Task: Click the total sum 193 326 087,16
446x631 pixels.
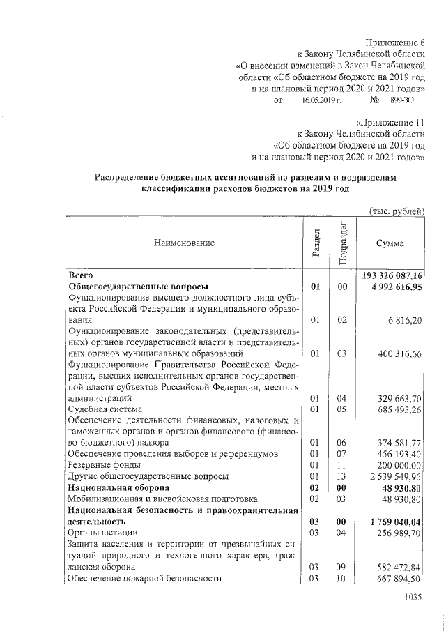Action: click(x=394, y=275)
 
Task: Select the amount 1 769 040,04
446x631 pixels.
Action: click(x=396, y=521)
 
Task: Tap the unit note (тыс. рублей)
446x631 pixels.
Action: click(x=396, y=211)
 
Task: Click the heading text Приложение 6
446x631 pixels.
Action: click(x=394, y=42)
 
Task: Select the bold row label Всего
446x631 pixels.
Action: click(x=82, y=275)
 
